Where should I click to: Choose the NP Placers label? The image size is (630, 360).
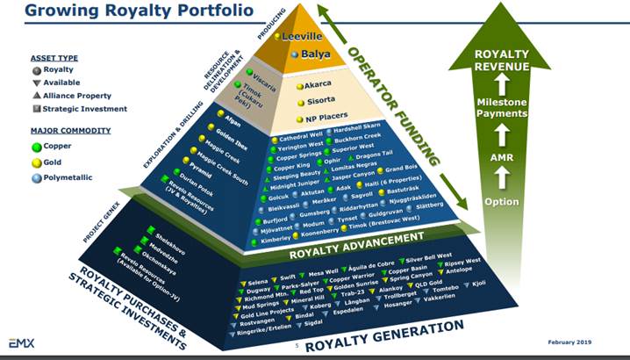(326, 119)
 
